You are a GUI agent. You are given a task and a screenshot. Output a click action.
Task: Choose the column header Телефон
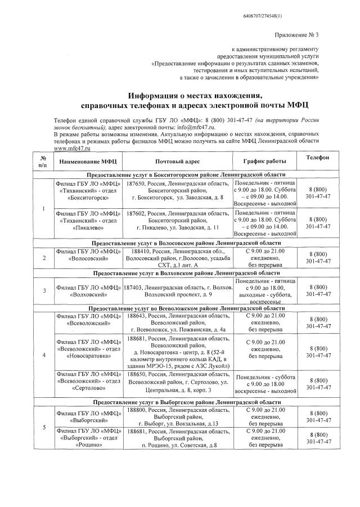point(318,158)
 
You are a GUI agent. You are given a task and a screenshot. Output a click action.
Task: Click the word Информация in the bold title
point(157,95)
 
